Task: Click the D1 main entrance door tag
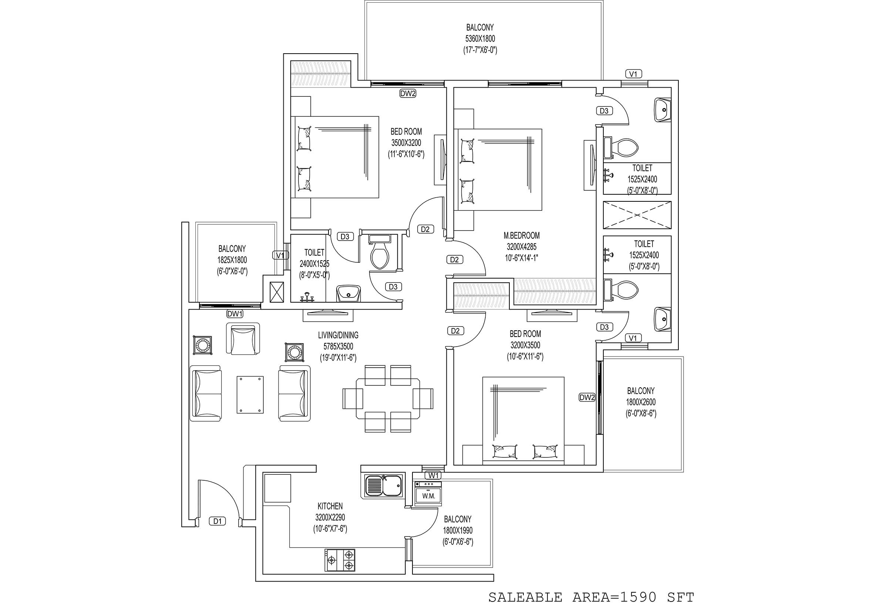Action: point(218,521)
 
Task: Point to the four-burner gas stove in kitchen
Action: point(340,560)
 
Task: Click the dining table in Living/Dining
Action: point(388,399)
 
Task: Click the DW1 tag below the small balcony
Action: point(235,314)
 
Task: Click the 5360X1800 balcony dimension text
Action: point(480,39)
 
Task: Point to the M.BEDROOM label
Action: point(522,235)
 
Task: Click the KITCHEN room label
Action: point(330,506)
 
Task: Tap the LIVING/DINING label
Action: point(338,335)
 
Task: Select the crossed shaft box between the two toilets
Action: point(637,215)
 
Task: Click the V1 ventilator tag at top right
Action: point(633,74)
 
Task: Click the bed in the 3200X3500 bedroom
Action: point(523,420)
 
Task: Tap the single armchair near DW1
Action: point(243,338)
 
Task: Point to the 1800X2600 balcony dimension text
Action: point(641,402)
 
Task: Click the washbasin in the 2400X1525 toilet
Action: point(348,293)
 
